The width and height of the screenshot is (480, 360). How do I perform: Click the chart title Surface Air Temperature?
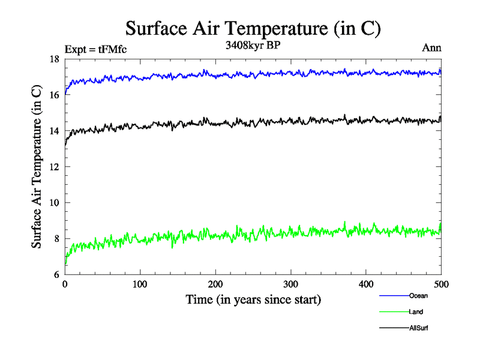point(253,28)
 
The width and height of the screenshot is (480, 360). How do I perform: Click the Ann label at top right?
point(432,49)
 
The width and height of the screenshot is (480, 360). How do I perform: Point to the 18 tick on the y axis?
point(54,59)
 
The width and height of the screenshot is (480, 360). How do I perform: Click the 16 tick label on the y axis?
point(54,95)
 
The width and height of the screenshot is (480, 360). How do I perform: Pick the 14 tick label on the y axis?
point(54,131)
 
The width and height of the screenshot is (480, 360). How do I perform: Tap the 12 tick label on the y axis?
point(54,167)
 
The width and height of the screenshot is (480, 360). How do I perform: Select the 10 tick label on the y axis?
point(54,203)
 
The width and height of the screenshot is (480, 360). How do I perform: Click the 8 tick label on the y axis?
point(56,239)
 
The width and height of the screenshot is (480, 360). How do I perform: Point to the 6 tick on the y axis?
point(56,275)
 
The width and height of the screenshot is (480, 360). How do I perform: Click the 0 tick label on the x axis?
point(65,284)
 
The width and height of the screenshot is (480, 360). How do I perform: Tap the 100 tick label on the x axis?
point(140,284)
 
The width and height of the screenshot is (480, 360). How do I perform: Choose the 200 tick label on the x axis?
point(215,284)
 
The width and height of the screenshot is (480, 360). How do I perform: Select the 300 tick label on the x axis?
point(290,284)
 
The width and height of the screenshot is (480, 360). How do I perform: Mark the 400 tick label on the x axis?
point(366,284)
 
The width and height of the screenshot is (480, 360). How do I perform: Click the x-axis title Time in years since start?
point(253,299)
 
